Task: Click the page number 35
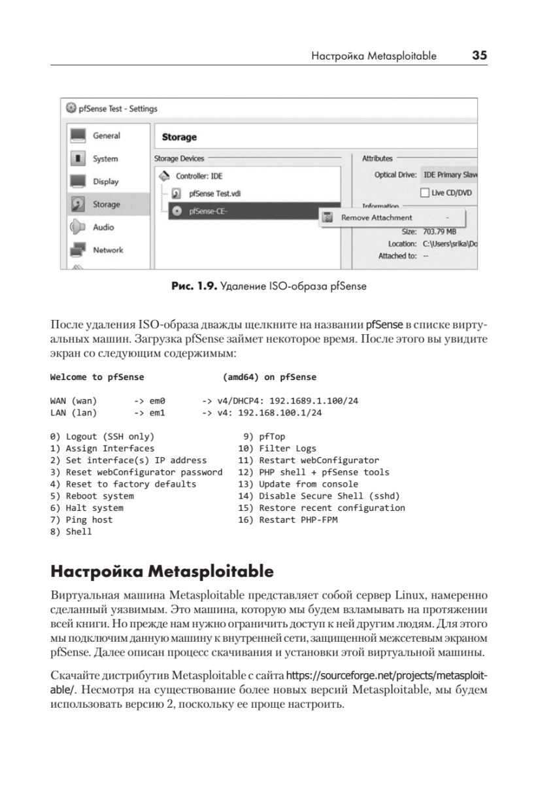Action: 479,56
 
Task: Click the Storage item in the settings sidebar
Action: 105,204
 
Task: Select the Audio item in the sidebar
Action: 103,227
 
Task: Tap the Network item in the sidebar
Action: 107,250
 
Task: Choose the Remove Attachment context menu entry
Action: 377,217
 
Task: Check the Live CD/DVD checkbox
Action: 424,193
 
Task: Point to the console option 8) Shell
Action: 71,532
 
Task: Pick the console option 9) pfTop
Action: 265,436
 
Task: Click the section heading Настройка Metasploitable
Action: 161,571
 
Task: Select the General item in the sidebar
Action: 106,135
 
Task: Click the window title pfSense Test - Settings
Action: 118,109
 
